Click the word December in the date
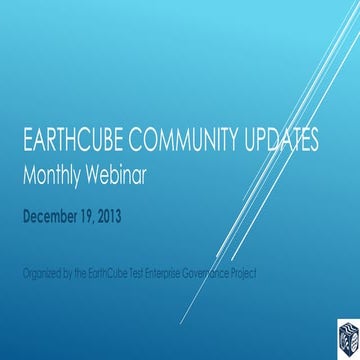tap(56, 212)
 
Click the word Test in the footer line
tap(150, 273)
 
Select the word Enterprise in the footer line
tap(184, 273)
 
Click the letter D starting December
tap(29, 212)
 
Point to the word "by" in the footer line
tap(76, 273)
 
